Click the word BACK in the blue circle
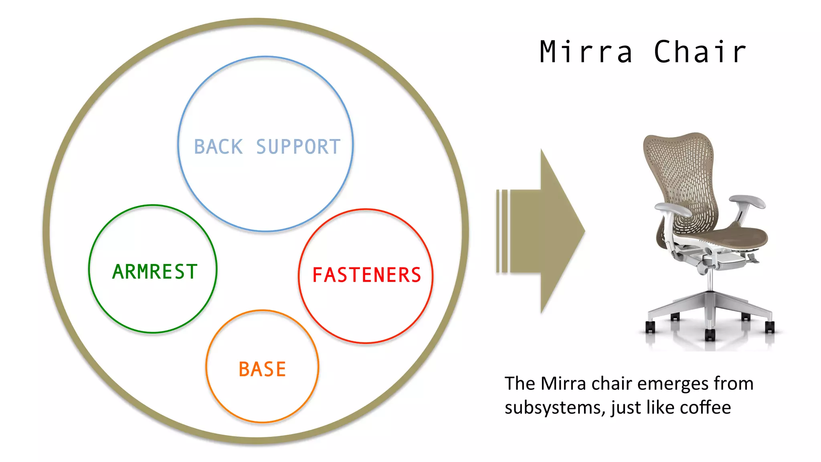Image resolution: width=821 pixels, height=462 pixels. point(218,147)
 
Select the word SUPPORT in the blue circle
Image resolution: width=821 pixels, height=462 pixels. point(298,147)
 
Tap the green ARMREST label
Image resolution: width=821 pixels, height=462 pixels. point(155,272)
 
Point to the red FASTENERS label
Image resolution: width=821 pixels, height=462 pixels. point(366,275)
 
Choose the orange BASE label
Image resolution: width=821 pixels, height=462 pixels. point(262,369)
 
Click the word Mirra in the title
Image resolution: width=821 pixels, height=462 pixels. point(586,52)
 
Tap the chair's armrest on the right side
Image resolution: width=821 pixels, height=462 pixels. point(748,201)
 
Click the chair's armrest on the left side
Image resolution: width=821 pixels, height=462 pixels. point(673,209)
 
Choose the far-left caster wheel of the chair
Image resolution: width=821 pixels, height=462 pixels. point(650,327)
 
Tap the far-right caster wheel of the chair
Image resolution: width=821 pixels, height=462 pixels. point(770,327)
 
